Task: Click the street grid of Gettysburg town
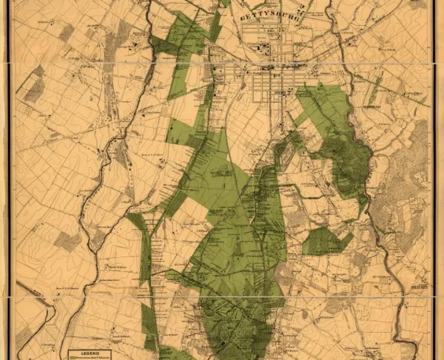click(x=270, y=85)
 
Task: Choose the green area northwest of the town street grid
click(x=181, y=44)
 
